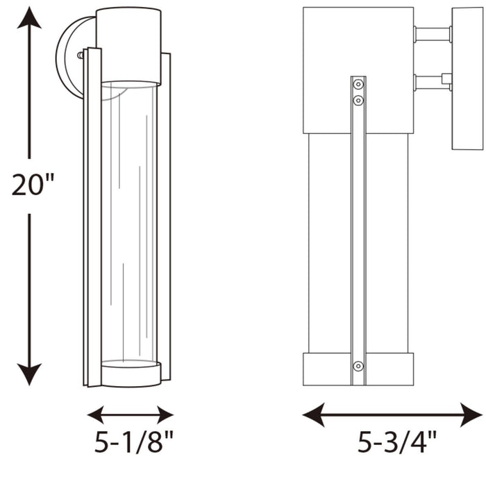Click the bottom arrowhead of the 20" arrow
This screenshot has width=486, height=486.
pyautogui.click(x=29, y=376)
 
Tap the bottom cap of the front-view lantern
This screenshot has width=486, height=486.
pyautogui.click(x=131, y=374)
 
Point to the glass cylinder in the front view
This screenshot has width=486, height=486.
pyautogui.click(x=131, y=222)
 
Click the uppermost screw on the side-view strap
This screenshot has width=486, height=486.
pyautogui.click(x=358, y=85)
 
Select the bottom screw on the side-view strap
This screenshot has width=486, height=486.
pyautogui.click(x=358, y=366)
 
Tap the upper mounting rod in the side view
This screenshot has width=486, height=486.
pyautogui.click(x=432, y=34)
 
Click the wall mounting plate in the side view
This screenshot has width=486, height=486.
pyautogui.click(x=467, y=78)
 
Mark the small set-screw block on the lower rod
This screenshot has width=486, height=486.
pyautogui.click(x=446, y=78)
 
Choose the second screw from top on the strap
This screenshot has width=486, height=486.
pyautogui.click(x=358, y=101)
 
